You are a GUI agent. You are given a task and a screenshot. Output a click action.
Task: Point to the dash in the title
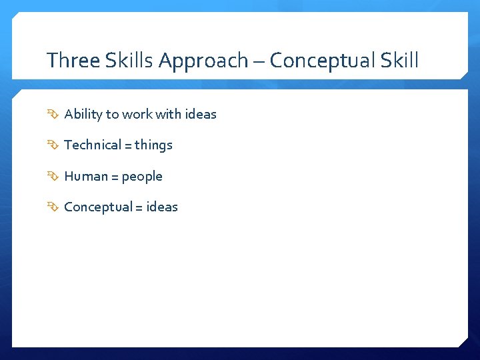[259, 61]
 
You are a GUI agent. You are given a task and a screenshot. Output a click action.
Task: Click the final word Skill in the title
[399, 61]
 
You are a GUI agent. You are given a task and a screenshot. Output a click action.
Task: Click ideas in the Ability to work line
[201, 114]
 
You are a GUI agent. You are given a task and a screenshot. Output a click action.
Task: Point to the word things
[153, 145]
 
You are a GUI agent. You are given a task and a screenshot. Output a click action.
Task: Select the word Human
[85, 176]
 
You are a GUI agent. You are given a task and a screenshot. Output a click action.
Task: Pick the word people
[142, 177]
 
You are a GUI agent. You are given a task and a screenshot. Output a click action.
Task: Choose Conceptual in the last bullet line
[98, 207]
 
